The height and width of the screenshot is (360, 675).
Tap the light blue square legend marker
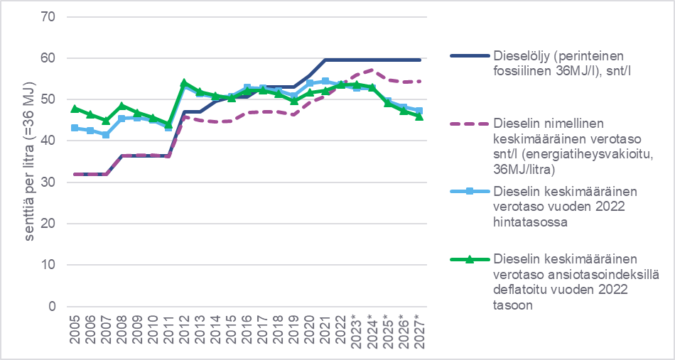tap(470, 192)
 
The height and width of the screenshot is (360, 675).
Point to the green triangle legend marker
tap(470, 258)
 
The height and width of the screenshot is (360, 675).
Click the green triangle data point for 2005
tap(75, 109)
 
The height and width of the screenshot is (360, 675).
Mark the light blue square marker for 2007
tap(106, 134)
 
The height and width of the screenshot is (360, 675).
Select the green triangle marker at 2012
tap(184, 83)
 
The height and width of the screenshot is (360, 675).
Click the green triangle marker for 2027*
tap(419, 116)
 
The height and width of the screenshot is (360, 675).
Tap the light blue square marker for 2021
tap(325, 81)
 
